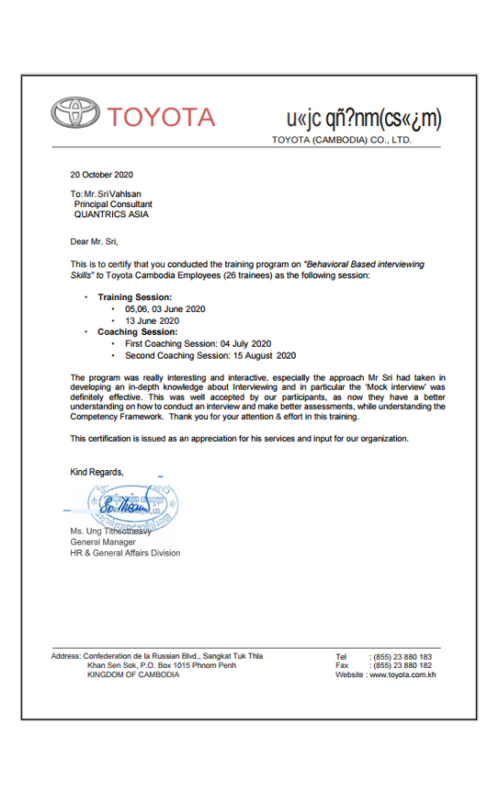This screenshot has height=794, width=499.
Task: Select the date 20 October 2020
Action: click(x=102, y=175)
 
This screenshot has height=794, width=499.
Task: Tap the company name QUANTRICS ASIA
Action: click(x=111, y=214)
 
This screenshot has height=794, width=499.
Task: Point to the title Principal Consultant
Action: click(x=113, y=204)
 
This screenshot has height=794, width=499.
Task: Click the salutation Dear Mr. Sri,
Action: click(x=96, y=242)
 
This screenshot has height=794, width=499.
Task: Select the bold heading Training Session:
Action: click(x=134, y=297)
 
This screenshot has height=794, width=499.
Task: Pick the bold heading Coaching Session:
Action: click(x=137, y=331)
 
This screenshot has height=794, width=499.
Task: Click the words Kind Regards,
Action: click(x=96, y=471)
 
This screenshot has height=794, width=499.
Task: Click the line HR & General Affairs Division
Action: click(x=126, y=553)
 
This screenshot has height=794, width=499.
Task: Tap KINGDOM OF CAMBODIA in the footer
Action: click(x=133, y=674)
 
